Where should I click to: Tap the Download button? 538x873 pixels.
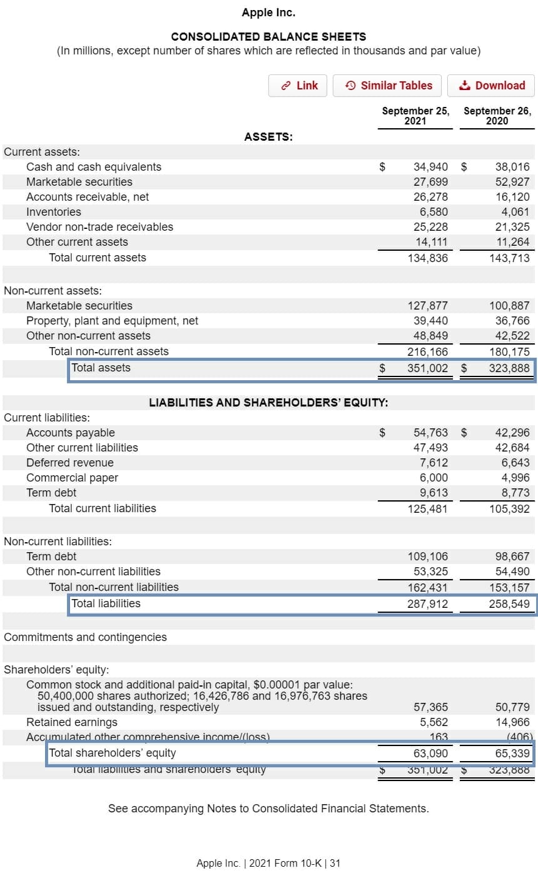coord(491,86)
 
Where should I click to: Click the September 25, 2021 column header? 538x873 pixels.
coord(415,116)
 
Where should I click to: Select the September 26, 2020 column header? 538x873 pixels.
coord(497,116)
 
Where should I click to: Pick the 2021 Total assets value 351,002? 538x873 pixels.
coord(427,368)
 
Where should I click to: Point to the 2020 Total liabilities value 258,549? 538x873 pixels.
coord(509,604)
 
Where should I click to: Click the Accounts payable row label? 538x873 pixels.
coord(71,433)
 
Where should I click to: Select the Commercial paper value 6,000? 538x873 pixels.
coord(434,478)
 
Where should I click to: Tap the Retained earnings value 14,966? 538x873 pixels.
coord(512,722)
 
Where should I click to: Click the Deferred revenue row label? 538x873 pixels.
coord(70,463)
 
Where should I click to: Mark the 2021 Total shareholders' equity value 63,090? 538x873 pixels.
coord(430,753)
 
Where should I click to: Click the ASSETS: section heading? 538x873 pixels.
coord(268,137)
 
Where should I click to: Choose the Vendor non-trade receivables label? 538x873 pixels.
coord(99,227)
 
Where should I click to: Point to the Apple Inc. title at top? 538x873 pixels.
coord(268,13)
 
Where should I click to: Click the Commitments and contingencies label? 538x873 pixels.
coord(85,637)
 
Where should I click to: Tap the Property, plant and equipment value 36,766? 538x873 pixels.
coord(512,321)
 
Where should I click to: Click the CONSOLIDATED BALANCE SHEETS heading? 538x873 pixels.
coord(268,37)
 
